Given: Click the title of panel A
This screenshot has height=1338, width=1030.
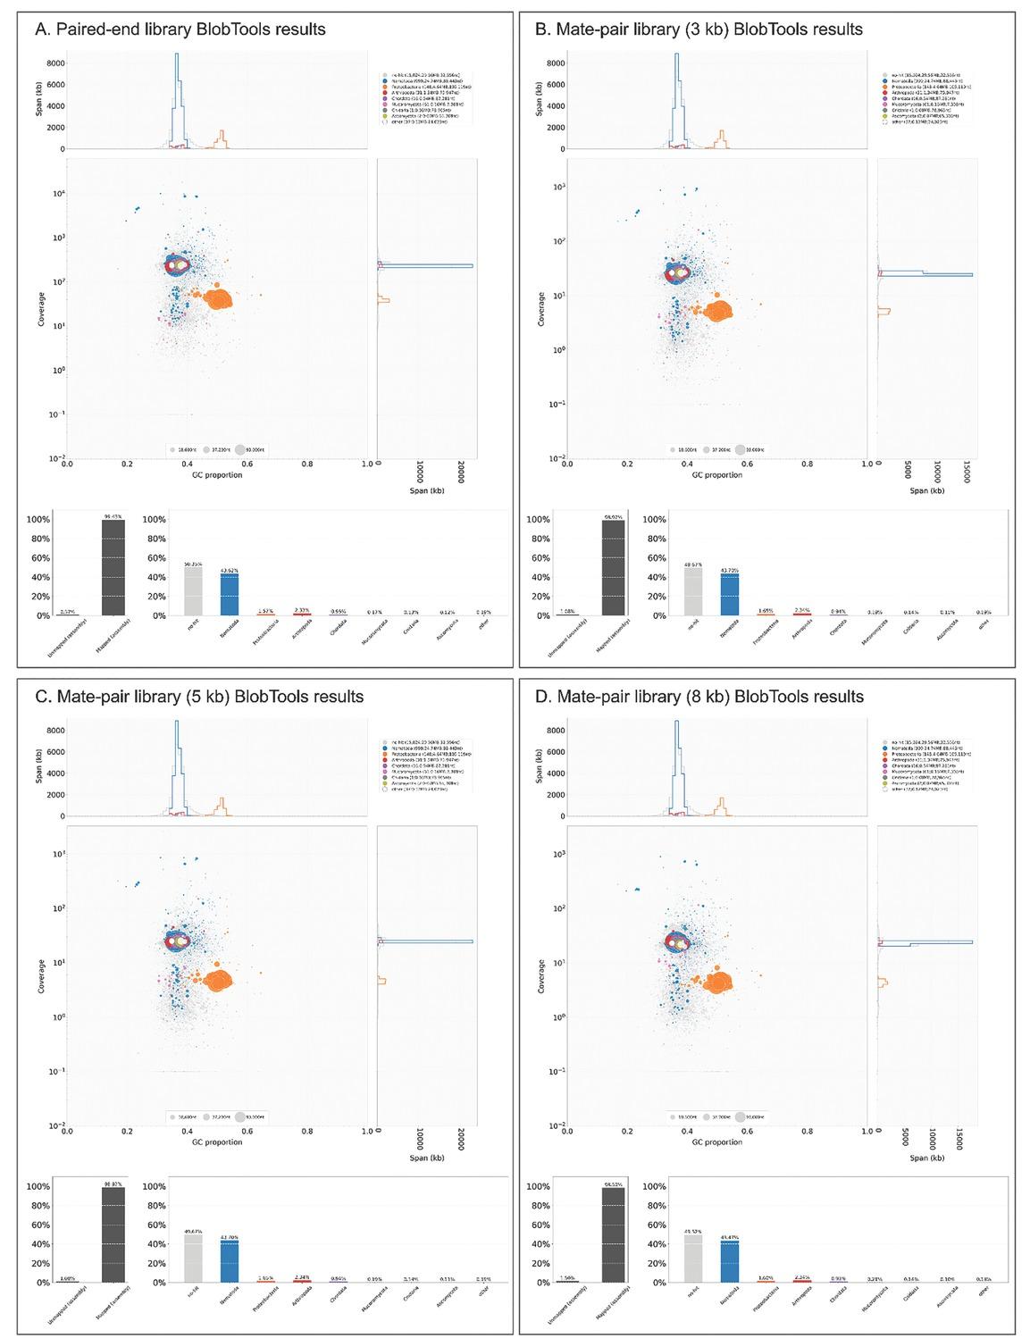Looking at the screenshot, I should click(180, 29).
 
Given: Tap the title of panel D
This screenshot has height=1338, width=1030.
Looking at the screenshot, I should click(699, 697).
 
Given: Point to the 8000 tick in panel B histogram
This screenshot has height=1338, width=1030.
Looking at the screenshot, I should click(553, 63).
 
